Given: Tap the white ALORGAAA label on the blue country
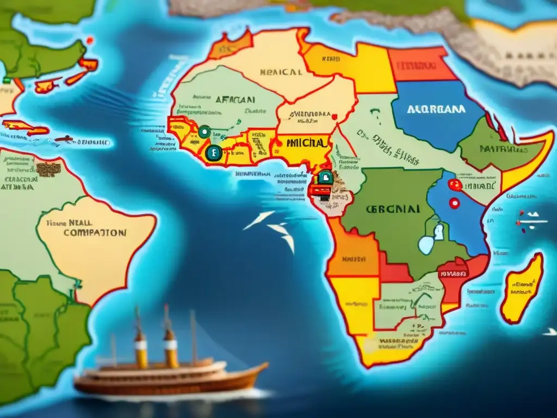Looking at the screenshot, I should pos(436,109).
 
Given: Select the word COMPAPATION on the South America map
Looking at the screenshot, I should pos(95,232).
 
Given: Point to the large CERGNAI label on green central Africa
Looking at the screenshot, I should pos(393,208).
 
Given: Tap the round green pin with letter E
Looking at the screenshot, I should pos(214,154).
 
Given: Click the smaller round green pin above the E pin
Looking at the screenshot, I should pos(204,131).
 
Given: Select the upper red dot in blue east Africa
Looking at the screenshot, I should pos(455,185).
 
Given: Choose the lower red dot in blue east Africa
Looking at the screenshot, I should pos(453,204).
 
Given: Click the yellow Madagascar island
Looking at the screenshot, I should pos(522,288).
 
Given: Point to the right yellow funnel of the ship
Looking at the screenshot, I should pos(170,348).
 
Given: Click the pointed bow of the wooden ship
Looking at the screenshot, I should pos(264,365).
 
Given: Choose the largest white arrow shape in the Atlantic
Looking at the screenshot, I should pos(259,219).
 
